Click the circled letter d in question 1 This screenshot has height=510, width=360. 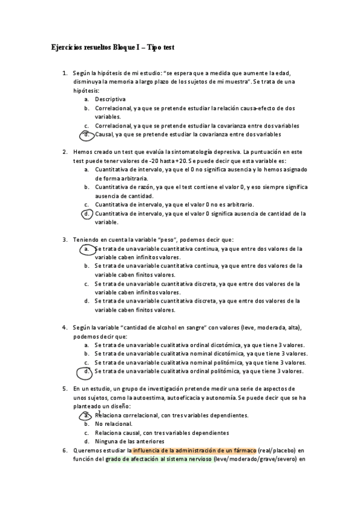coord(87,134)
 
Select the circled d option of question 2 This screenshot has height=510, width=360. coord(87,213)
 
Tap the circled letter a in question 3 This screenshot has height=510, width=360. coord(87,248)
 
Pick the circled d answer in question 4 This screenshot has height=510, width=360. coord(87,371)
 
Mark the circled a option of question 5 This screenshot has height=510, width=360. coord(87,415)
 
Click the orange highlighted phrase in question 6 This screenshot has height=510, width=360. coord(194,450)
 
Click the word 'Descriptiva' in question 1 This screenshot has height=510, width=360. coord(111,99)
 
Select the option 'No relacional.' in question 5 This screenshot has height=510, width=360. coord(114,424)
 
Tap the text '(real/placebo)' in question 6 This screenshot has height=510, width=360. coord(278,450)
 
